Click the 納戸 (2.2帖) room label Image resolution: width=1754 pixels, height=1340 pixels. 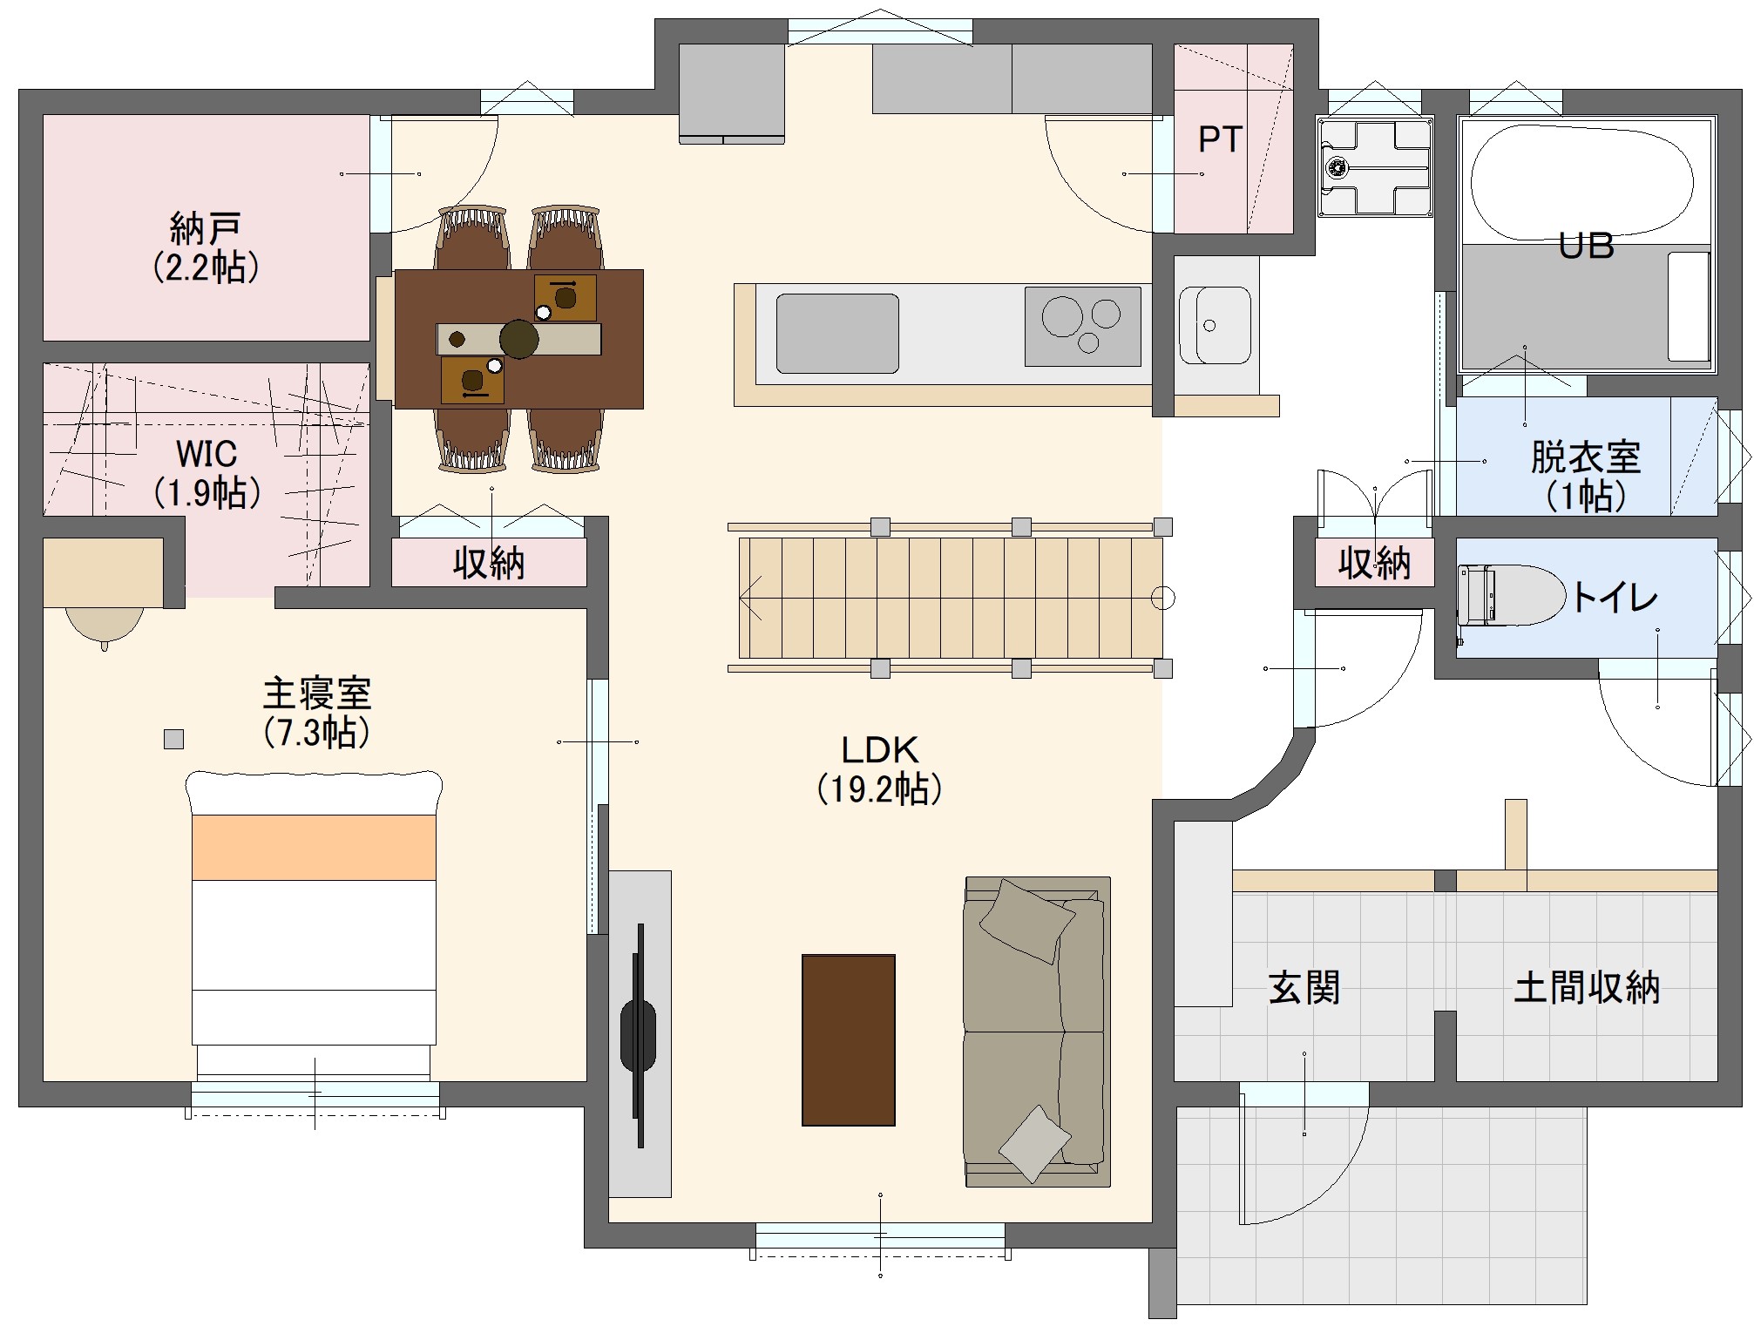coord(206,247)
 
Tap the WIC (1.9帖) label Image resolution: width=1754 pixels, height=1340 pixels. coord(207,473)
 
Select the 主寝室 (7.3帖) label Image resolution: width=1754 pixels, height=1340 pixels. coord(317,713)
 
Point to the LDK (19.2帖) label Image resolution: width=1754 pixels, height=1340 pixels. coord(880,769)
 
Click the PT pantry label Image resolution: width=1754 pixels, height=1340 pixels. coord(1219,139)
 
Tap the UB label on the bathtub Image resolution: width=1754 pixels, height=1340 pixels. coord(1586,246)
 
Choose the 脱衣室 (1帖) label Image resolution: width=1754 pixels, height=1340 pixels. coord(1586,476)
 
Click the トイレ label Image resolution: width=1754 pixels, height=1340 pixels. coord(1615,598)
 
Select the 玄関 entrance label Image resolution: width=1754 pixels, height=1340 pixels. coord(1304,988)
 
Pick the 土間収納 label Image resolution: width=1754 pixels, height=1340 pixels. coord(1587,988)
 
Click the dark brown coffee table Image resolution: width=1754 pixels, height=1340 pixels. coord(848,1040)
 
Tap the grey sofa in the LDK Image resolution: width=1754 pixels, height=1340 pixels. coord(1036,1032)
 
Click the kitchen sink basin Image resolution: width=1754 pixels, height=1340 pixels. coord(837,334)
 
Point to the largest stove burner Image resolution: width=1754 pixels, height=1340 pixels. coord(1062,316)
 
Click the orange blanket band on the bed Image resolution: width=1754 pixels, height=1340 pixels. coord(314,848)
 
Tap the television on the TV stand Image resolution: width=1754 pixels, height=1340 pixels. coord(639,1035)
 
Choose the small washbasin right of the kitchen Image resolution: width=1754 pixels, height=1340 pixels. coord(1215,325)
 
